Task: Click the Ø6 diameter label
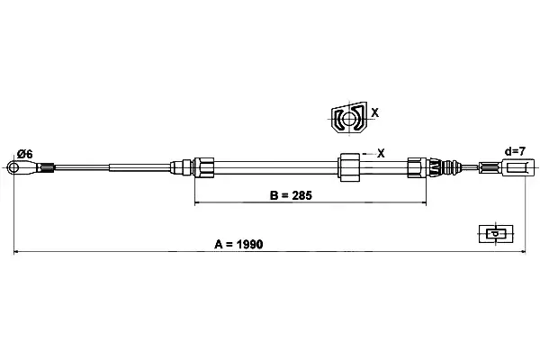tap(25, 154)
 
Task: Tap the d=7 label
tap(515, 151)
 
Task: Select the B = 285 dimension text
tap(291, 195)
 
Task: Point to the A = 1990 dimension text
tap(238, 244)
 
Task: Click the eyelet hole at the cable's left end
tap(13, 167)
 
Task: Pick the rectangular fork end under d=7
tap(518, 167)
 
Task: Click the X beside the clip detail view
tap(375, 112)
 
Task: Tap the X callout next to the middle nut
tap(381, 153)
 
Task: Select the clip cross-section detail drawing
tap(348, 118)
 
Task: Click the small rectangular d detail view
tap(496, 234)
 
